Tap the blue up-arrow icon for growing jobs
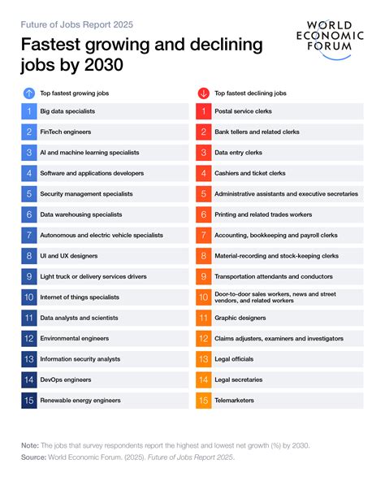pyautogui.click(x=28, y=93)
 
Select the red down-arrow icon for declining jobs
pyautogui.click(x=203, y=93)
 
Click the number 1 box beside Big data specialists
pyautogui.click(x=28, y=110)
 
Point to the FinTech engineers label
pyautogui.click(x=66, y=132)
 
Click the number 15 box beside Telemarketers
pyautogui.click(x=203, y=401)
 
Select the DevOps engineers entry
pyautogui.click(x=67, y=379)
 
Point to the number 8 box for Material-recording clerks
pyautogui.click(x=203, y=256)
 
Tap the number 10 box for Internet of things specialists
pyautogui.click(x=28, y=297)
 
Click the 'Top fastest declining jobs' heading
pyautogui.click(x=252, y=93)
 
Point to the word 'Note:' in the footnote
pyautogui.click(x=30, y=444)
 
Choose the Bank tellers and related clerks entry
pyautogui.click(x=258, y=132)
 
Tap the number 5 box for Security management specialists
pyautogui.click(x=28, y=193)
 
